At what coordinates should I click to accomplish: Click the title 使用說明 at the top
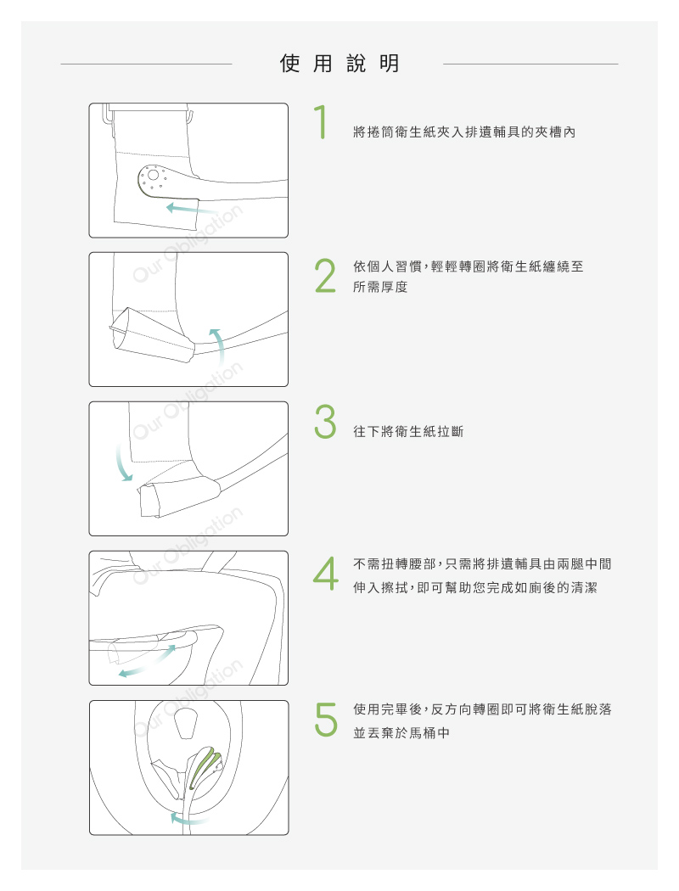coord(339,63)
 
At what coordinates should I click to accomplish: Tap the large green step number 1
coord(322,121)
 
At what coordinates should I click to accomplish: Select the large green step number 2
coord(325,276)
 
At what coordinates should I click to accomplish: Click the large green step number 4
coord(326,573)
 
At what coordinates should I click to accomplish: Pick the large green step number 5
coord(326,719)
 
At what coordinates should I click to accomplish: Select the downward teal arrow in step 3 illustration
coord(121,462)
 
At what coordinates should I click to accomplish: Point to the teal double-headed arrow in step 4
coord(147,661)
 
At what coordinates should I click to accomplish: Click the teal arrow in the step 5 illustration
coord(189,819)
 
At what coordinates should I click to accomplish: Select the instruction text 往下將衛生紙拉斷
coord(408,432)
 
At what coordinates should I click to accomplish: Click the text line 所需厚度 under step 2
coord(380,287)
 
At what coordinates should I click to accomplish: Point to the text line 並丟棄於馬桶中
coord(401,733)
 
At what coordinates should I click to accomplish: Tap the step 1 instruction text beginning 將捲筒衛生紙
coord(464,132)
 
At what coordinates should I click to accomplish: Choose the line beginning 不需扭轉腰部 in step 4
coord(482,564)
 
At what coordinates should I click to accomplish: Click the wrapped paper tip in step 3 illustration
coord(149,501)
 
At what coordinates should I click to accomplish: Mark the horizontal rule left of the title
coord(146,64)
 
